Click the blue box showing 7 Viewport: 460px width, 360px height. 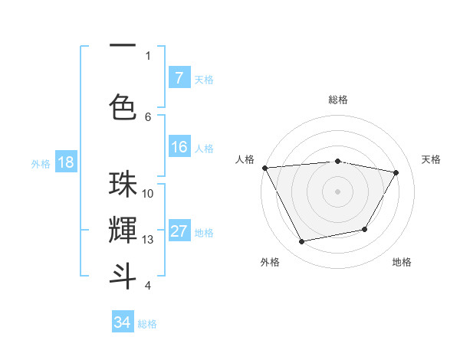[179, 77]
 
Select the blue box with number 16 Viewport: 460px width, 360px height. [179, 147]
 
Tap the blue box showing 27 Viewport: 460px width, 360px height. [179, 231]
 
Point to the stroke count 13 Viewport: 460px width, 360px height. [148, 240]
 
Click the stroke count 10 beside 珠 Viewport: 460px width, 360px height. [148, 194]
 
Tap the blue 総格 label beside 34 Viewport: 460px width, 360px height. [147, 324]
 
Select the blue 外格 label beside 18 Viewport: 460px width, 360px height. [40, 163]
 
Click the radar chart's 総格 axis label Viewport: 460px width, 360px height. [338, 100]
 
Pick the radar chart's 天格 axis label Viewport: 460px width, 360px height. [431, 159]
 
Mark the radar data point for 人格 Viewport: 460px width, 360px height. [264, 167]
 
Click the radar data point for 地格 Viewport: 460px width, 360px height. [365, 229]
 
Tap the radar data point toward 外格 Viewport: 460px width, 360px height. [302, 242]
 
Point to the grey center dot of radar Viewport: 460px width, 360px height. [338, 191]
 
